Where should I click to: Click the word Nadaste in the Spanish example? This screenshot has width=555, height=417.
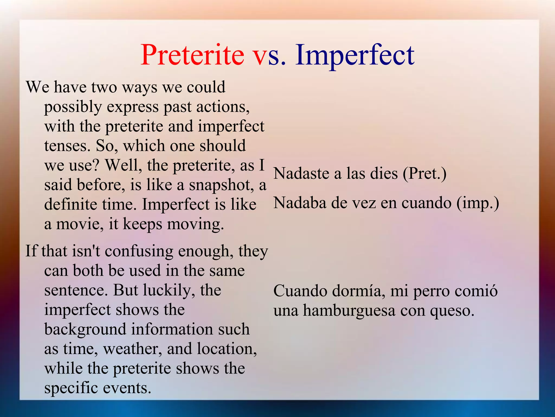coord(301,173)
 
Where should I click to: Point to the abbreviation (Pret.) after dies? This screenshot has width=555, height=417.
coord(424,174)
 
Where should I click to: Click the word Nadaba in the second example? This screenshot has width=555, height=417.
coord(300,203)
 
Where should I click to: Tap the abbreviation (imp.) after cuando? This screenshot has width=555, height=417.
coord(477,203)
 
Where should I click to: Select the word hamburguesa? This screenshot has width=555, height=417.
coord(349,310)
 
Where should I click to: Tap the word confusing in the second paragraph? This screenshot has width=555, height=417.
coord(139,251)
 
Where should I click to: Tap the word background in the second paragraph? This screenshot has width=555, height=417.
coord(85,330)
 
